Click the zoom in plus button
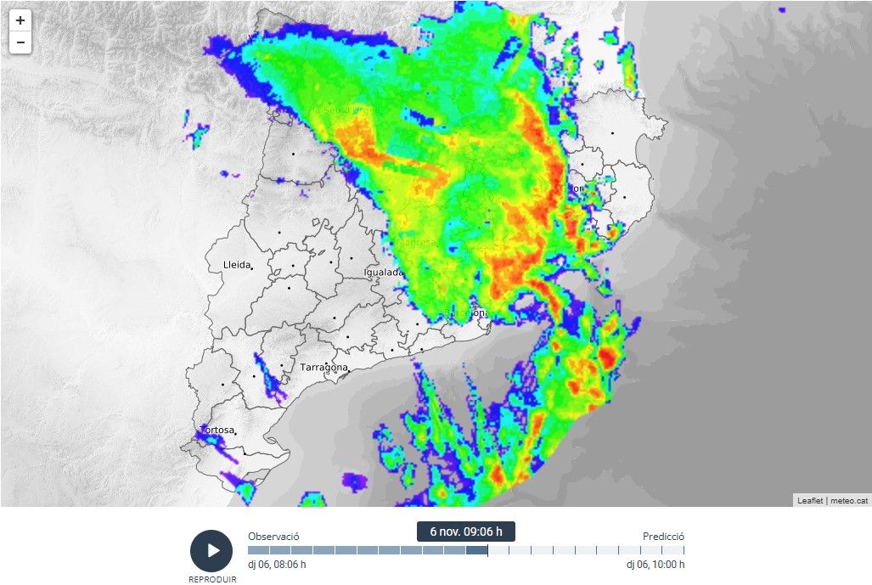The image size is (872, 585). tap(20, 20)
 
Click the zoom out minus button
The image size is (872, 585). tap(20, 42)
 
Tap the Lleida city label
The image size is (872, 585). tap(236, 265)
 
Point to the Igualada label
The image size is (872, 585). tap(384, 273)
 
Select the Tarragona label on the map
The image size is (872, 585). tap(323, 368)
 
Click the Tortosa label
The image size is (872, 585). tap(217, 430)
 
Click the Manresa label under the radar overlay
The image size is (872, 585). tap(416, 243)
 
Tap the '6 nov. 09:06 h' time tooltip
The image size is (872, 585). tap(465, 532)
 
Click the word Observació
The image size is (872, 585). tap(273, 537)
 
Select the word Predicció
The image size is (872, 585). tap(663, 537)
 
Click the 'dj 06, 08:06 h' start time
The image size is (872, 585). tap(277, 565)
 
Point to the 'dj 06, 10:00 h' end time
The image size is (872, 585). tap(655, 565)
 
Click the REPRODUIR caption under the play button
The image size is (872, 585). tap(212, 580)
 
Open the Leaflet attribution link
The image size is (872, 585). tap(810, 501)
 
